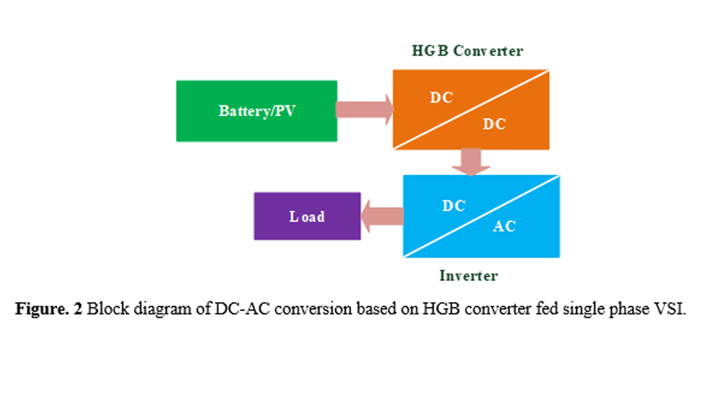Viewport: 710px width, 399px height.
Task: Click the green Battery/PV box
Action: click(256, 111)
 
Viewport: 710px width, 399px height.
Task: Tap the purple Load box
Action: click(307, 216)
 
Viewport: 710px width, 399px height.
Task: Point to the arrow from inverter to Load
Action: click(382, 216)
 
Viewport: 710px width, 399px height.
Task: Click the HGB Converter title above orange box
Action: click(467, 51)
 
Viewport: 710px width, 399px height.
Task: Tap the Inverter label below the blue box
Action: click(469, 275)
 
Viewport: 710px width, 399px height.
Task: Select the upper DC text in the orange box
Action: click(442, 98)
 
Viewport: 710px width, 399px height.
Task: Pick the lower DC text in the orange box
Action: click(494, 124)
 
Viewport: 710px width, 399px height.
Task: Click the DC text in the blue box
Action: click(454, 206)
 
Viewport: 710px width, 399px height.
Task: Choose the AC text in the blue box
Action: click(504, 226)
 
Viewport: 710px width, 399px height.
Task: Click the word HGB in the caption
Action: click(441, 309)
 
